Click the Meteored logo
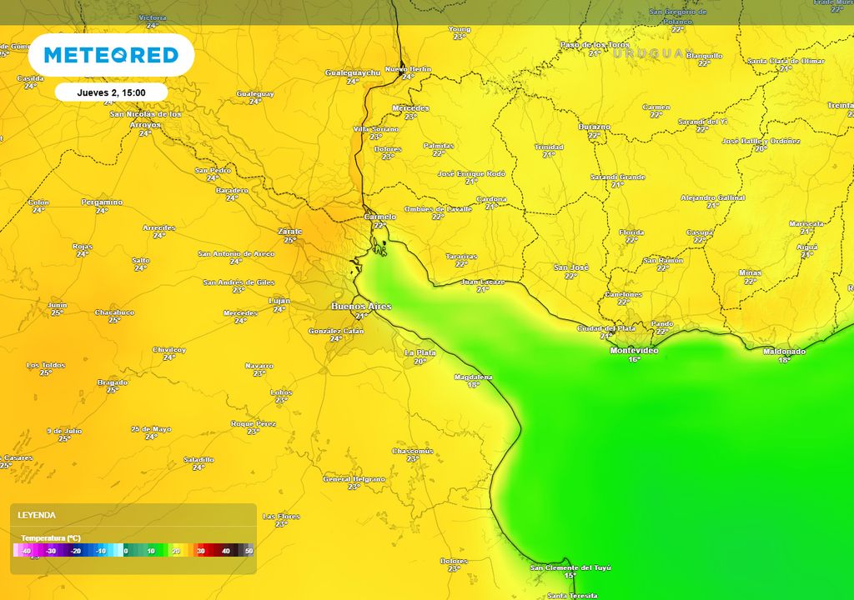click(x=111, y=55)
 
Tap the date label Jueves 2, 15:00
click(x=111, y=92)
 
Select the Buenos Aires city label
click(x=360, y=307)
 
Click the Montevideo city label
click(x=634, y=351)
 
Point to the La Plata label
click(x=419, y=352)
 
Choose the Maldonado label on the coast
click(x=784, y=352)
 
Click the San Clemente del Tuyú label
click(x=570, y=567)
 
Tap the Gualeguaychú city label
click(x=352, y=72)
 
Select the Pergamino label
click(x=102, y=202)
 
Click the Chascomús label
click(x=413, y=451)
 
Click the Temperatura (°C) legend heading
click(x=50, y=538)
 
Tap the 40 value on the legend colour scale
click(x=225, y=551)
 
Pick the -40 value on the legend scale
click(x=26, y=551)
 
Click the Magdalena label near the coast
click(x=473, y=377)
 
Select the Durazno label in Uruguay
click(x=594, y=127)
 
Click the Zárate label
click(x=289, y=232)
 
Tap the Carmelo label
click(x=380, y=217)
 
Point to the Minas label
click(x=750, y=273)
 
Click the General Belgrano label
click(x=354, y=479)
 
